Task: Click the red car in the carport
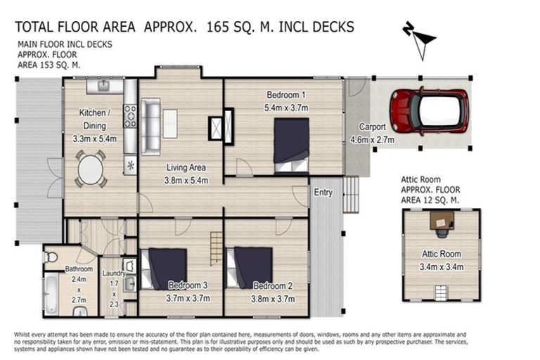tap(429, 112)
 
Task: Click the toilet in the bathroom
tap(51, 257)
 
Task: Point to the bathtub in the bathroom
tap(51, 294)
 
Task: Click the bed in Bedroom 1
tap(291, 145)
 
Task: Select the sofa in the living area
tap(150, 127)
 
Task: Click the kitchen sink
tap(103, 86)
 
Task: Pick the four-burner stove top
tap(130, 116)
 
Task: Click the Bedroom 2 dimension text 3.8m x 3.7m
tap(273, 299)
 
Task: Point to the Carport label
tap(372, 127)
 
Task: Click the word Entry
tap(323, 192)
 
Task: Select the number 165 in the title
tap(218, 27)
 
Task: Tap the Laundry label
tap(114, 274)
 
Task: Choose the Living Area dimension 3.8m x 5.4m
tap(186, 180)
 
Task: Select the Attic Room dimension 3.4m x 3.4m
tap(442, 266)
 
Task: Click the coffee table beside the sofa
tap(170, 124)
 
